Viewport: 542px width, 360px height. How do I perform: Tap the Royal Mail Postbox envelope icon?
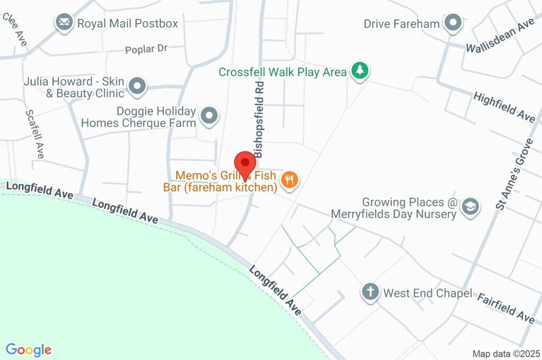[x=64, y=23]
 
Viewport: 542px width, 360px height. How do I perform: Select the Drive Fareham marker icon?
[x=453, y=23]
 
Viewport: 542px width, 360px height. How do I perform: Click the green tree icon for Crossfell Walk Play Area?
[x=360, y=71]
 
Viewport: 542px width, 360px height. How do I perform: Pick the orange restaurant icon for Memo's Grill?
[x=290, y=180]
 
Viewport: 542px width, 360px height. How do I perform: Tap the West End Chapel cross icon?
[x=371, y=292]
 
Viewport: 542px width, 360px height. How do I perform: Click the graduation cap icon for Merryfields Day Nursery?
[x=469, y=208]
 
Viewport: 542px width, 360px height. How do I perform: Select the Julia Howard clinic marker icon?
[x=138, y=86]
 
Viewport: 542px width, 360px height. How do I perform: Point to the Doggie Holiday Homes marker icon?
[x=210, y=116]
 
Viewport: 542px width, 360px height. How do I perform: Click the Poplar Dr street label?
[x=146, y=50]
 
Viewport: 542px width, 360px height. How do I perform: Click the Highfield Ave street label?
[x=504, y=107]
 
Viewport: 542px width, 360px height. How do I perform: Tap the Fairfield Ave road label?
[x=506, y=308]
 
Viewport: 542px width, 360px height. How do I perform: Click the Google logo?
[x=29, y=350]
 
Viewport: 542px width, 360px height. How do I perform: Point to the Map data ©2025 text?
[x=506, y=354]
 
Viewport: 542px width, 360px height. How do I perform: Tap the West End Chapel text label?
[x=428, y=293]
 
